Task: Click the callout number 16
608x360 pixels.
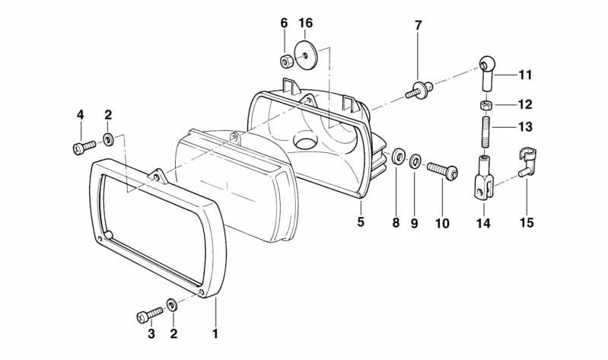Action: [x=306, y=24]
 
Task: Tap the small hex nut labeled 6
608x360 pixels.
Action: [x=285, y=62]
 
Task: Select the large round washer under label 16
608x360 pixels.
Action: [x=306, y=56]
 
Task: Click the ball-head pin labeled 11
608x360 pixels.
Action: [x=487, y=73]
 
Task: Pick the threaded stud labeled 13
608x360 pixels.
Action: [x=486, y=132]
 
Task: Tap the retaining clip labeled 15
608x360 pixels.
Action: [x=527, y=163]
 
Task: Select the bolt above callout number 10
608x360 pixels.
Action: [x=442, y=170]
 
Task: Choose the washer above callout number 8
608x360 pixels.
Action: [x=397, y=156]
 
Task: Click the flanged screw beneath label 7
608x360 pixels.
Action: [x=419, y=90]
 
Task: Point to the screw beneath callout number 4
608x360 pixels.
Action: [x=84, y=148]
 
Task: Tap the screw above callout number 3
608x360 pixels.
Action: [x=150, y=314]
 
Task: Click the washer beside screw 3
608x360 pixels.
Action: [x=172, y=304]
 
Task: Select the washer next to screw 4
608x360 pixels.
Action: [x=108, y=139]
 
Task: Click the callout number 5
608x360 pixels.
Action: [x=361, y=222]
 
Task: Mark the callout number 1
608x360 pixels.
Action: [x=215, y=333]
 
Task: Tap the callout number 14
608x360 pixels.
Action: [x=483, y=223]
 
